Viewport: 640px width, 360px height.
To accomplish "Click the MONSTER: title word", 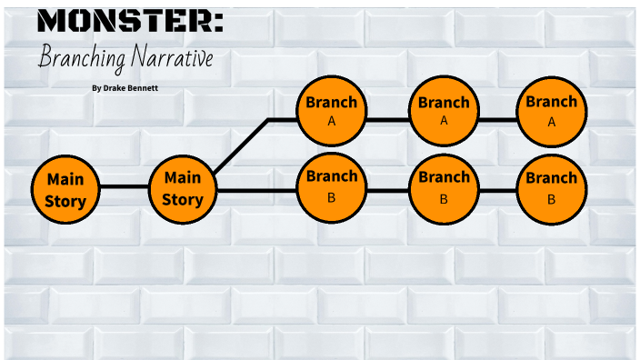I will coord(131,22).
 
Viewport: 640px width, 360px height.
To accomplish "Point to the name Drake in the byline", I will coord(115,88).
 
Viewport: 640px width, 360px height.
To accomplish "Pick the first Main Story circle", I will coord(65,190).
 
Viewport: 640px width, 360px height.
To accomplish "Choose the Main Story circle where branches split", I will coord(183,189).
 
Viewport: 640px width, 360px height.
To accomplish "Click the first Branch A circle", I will coord(331,111).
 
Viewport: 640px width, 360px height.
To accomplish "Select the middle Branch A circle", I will coord(444,111).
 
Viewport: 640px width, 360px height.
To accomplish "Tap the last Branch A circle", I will coord(551,111).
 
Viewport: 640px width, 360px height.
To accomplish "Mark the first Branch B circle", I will coord(331,185).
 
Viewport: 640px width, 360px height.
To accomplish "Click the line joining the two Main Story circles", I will coord(124,186).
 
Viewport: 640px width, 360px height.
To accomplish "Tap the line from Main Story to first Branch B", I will coord(257,191).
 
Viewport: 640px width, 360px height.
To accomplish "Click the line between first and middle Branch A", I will coord(387,119).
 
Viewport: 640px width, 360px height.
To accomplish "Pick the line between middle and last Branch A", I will coord(497,119).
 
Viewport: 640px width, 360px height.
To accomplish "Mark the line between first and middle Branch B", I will coord(387,191).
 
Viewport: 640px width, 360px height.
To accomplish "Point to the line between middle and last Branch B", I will coord(497,191).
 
